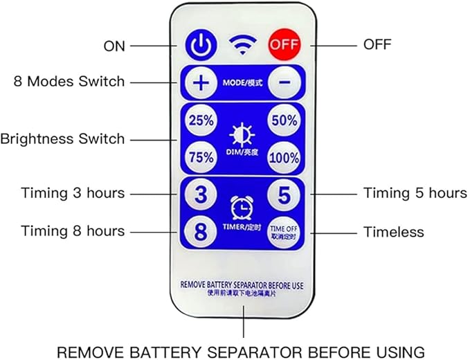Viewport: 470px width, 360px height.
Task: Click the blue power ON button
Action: coord(199,44)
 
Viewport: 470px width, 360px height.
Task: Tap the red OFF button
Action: coord(284,44)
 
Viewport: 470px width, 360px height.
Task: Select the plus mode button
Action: coord(200,82)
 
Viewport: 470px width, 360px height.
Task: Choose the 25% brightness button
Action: coord(201,120)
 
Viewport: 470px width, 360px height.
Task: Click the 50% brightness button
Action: coord(283,120)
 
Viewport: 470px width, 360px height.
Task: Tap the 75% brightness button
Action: coord(201,157)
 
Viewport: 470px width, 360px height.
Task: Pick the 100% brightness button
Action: coord(283,157)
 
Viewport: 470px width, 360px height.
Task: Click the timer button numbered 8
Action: coord(201,231)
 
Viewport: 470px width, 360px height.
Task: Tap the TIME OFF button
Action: coord(283,231)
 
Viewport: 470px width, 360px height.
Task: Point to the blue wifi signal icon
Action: coord(241,44)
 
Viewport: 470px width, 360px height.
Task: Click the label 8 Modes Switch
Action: coord(69,82)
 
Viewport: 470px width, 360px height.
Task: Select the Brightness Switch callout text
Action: coord(62,138)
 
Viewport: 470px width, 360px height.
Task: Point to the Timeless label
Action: coord(394,232)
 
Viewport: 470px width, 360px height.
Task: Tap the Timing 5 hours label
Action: coord(415,193)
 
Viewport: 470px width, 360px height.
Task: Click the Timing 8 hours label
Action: coord(73,231)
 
